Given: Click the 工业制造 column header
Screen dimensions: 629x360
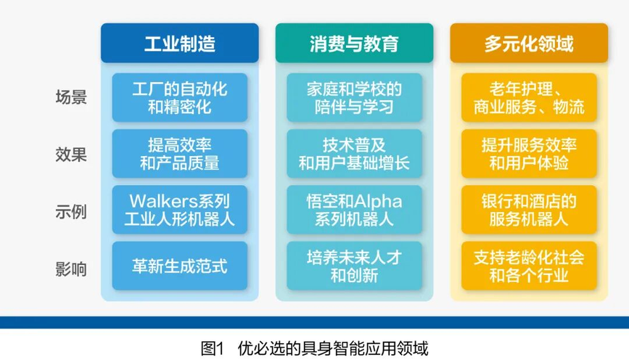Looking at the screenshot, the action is point(180,43).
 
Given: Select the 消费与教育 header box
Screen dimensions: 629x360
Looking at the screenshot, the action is point(354,43).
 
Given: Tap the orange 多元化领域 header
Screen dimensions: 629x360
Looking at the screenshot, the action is point(529,43).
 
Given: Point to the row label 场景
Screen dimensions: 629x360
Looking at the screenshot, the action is point(71,97).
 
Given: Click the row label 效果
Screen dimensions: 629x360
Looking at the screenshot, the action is point(71,155).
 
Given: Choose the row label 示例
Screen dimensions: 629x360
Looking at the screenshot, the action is point(71,211).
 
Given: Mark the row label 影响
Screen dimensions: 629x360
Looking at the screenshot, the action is point(71,269).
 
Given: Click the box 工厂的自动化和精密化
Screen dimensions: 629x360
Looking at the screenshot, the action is point(180,98).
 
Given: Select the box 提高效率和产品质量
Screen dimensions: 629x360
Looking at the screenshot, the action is point(180,154).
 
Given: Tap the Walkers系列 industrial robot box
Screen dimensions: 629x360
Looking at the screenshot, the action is point(180,210).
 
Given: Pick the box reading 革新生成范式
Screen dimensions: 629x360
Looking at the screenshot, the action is point(180,266).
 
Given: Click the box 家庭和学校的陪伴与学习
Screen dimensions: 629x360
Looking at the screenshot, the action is point(354,98).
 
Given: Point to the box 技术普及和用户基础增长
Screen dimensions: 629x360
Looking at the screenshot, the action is point(354,154).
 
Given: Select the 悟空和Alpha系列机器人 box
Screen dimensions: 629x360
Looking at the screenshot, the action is point(354,210).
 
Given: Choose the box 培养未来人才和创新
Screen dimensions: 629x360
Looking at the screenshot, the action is point(354,266).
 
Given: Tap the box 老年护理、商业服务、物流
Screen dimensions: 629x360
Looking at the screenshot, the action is point(529,98).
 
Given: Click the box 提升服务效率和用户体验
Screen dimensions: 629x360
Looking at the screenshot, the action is point(529,154).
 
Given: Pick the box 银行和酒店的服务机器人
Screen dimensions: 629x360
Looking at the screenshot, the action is point(529,210).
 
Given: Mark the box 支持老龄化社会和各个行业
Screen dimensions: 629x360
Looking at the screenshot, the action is point(529,266).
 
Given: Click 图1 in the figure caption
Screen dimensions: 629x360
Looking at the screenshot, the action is point(213,348).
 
